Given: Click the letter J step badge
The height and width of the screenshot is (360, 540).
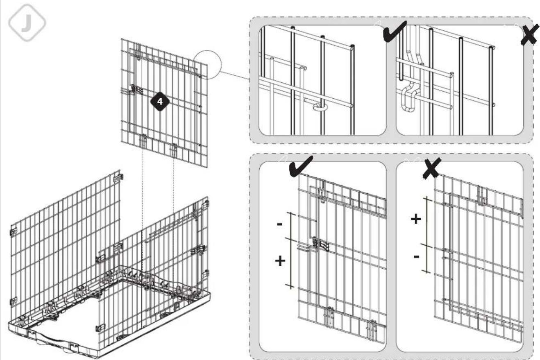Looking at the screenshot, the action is (x=27, y=23).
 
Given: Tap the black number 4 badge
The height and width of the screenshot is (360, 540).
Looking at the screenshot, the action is (x=160, y=102).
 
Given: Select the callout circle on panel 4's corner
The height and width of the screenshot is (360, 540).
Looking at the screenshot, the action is (x=207, y=65).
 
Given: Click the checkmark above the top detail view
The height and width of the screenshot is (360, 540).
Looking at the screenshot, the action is (x=395, y=31).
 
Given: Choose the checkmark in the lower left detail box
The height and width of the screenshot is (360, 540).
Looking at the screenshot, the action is (x=301, y=166).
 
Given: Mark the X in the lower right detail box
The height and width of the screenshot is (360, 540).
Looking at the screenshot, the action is (x=432, y=168).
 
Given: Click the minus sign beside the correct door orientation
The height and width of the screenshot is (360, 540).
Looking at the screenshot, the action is (x=280, y=224).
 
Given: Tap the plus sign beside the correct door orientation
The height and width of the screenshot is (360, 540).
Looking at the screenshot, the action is (x=280, y=261).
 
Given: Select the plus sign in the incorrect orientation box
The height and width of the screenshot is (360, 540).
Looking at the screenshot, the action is (x=416, y=219).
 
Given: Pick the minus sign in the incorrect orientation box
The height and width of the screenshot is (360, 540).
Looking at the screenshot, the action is (x=416, y=256).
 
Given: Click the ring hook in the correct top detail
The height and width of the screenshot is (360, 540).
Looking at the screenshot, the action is (x=319, y=107).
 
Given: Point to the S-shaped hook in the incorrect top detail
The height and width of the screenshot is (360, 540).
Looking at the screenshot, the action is (x=409, y=97).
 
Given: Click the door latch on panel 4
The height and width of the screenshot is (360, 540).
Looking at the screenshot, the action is (x=136, y=89).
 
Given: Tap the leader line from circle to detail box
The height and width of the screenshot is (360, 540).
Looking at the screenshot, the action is (x=235, y=75).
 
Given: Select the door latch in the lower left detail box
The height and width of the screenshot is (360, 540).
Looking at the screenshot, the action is (x=321, y=245).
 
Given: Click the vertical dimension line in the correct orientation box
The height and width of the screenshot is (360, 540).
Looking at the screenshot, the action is (x=291, y=250).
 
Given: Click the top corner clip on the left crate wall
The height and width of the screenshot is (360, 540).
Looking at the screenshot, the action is (x=118, y=178).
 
